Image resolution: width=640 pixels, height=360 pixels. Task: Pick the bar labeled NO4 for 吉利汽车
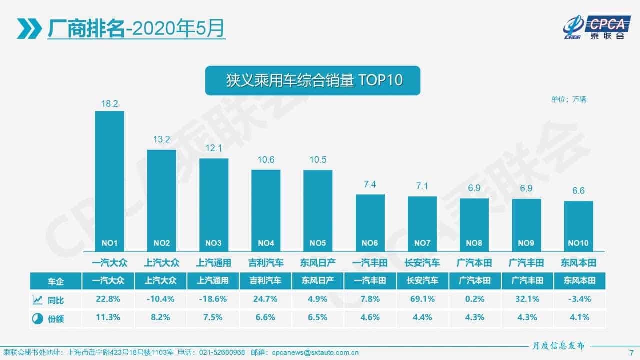coord(265,210)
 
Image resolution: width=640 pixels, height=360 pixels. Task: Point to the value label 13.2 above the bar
coord(161,140)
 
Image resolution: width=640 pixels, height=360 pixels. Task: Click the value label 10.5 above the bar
coord(317,160)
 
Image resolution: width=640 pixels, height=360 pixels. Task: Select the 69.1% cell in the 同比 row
coord(422,299)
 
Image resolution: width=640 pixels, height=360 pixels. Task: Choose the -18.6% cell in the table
coord(213,299)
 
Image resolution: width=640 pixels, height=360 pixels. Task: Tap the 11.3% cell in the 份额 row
coord(109,317)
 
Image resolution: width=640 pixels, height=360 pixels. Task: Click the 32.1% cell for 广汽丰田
coord(526,299)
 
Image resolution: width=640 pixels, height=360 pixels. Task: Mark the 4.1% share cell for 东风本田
coord(579,317)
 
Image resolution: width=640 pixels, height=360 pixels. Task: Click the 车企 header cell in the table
coord(56,281)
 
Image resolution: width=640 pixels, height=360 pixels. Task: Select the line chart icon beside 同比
coord(37,300)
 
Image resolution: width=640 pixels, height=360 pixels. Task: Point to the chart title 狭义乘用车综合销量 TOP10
coord(312,80)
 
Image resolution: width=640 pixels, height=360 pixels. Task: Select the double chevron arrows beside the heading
coord(29,29)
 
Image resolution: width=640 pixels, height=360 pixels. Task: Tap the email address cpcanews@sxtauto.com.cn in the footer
coord(315,352)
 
